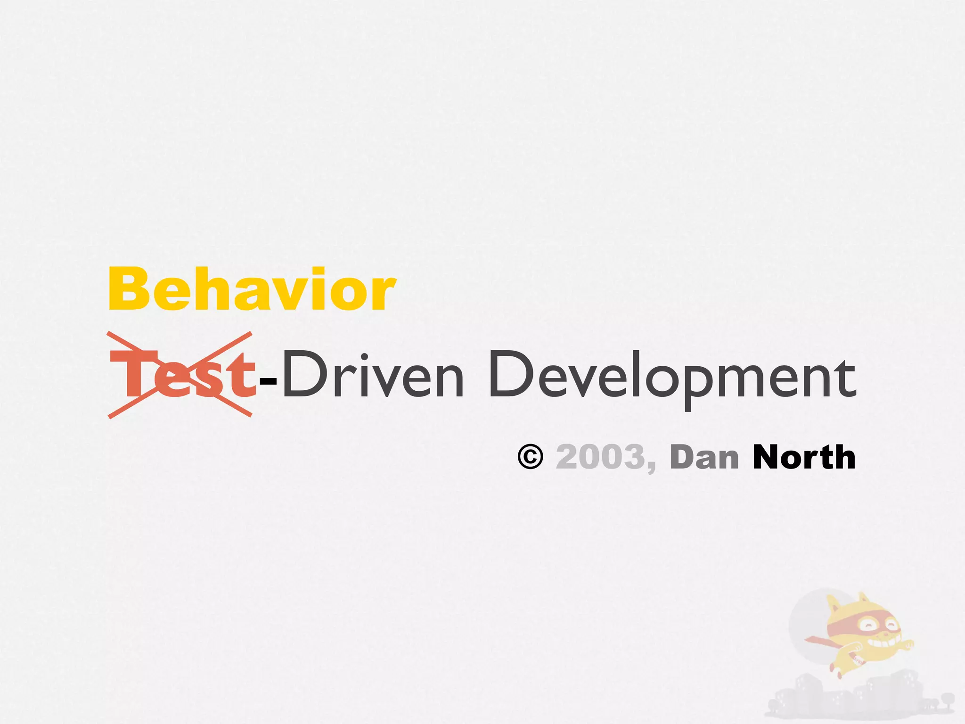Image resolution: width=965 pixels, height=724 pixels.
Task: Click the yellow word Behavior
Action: point(252,289)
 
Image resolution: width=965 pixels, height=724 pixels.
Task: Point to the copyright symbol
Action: point(530,457)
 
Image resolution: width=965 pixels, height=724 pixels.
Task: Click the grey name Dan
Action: point(704,458)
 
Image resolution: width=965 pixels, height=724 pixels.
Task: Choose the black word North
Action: point(804,457)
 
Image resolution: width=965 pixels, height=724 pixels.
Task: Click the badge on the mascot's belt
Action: point(858,661)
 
